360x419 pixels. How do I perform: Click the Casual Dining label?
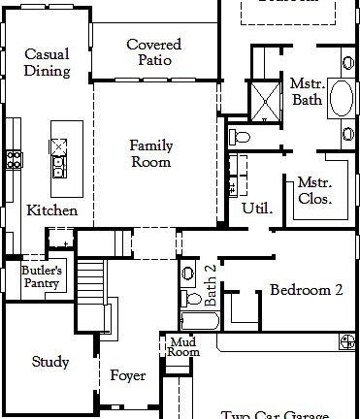point(48,62)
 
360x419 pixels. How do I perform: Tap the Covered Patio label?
point(153,52)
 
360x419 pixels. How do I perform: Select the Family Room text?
point(151,153)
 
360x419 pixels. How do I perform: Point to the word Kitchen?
point(51,209)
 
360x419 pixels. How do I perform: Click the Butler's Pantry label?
point(42,276)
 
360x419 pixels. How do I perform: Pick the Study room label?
point(50,362)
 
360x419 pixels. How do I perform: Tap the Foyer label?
point(127,375)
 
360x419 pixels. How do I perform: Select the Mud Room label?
point(183,346)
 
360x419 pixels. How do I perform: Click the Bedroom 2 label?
point(306,289)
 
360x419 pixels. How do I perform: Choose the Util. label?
point(257,208)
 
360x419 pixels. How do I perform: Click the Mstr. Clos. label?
point(314,190)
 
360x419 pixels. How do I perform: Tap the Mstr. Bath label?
point(307,92)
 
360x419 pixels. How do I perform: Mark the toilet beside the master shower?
point(240,136)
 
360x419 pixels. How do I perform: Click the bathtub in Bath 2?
point(202,319)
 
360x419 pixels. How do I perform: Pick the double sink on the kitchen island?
point(59,155)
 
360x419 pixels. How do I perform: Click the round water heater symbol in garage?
point(346,341)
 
